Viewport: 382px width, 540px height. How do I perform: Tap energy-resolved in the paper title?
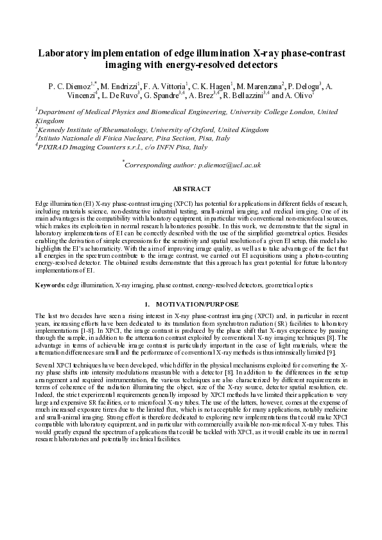click(193, 65)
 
